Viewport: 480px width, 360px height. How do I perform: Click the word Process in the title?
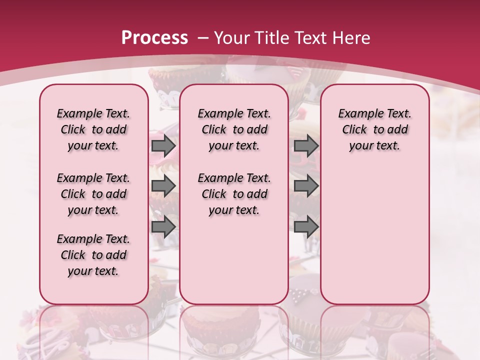155,38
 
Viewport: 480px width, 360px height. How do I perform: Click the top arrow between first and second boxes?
163,146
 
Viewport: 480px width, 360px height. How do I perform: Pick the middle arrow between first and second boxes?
163,186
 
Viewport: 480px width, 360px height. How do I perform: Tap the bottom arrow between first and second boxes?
163,227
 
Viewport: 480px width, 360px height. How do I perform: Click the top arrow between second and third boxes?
306,146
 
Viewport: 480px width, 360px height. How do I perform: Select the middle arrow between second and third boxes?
306,186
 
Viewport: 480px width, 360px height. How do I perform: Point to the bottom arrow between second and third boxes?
306,227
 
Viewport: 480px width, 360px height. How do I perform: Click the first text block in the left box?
93,129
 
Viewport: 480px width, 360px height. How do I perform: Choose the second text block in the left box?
93,194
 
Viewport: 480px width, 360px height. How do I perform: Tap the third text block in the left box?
93,255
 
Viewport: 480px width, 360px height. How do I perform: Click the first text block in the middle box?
234,129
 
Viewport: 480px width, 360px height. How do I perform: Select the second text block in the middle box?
234,194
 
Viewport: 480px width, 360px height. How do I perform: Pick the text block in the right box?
375,129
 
